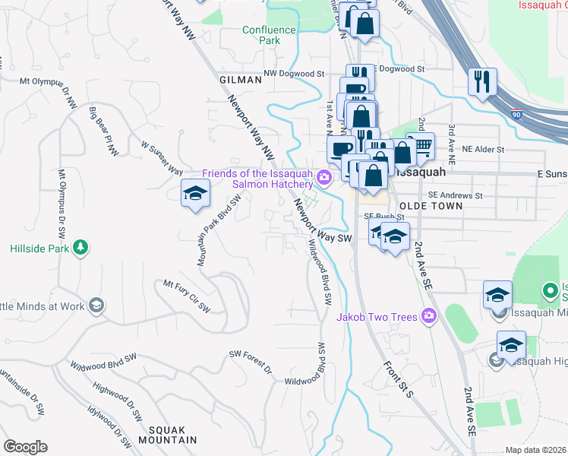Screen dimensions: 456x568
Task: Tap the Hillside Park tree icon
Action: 79,249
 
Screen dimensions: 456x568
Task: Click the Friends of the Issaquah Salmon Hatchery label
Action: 257,179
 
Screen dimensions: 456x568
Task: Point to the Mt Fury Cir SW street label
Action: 187,295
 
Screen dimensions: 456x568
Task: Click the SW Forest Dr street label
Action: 251,363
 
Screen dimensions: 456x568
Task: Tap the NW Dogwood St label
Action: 294,74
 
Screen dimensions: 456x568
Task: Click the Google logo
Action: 25,447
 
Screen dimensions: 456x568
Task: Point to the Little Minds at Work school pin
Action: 96,306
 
